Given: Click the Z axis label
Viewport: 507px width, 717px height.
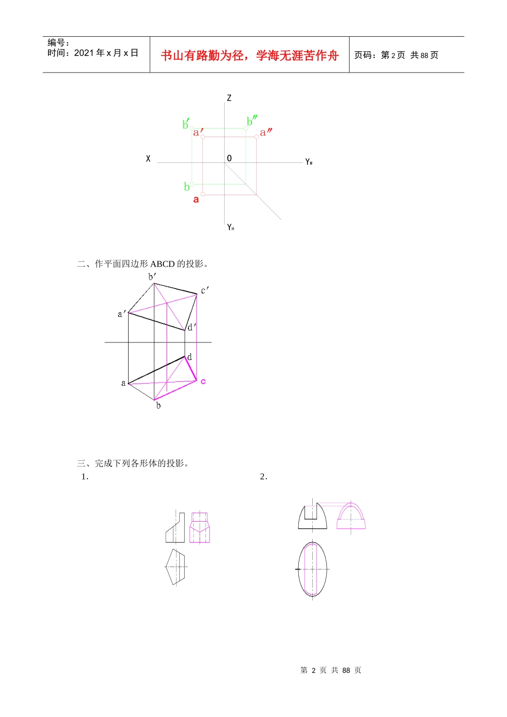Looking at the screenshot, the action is tap(229, 98).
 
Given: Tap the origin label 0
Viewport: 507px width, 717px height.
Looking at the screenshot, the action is tap(229, 158).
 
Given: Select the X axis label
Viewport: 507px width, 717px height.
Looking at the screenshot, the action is tap(148, 159).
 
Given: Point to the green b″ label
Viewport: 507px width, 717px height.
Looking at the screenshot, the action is tap(252, 121).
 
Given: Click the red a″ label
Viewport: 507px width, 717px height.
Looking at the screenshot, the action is tap(266, 132).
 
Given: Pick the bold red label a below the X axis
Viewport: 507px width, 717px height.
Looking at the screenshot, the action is tap(196, 200).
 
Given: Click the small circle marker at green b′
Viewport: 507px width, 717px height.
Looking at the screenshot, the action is tap(192, 129).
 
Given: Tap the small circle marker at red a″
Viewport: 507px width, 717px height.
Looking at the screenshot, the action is tap(257, 137).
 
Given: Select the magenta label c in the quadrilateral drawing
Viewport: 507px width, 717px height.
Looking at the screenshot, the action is tap(203, 381).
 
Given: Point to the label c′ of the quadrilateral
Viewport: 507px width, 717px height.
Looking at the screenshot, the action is tap(204, 290).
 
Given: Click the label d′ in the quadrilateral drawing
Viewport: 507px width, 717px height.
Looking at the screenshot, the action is tap(192, 327).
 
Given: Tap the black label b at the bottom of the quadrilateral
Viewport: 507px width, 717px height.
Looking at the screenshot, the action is tap(158, 405).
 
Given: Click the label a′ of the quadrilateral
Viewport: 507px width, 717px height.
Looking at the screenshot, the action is tap(121, 314).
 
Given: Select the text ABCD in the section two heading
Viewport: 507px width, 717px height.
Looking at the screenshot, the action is tap(162, 264).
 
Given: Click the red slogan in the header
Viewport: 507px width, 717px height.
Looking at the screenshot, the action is tap(250, 55).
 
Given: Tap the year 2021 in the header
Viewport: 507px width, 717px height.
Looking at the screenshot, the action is tap(84, 53).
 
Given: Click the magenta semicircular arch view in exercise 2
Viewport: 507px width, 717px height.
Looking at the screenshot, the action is tap(351, 515).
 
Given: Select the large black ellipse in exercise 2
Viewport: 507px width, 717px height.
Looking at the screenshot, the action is tap(298, 569).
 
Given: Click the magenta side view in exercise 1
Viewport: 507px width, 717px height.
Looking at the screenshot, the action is tap(200, 528).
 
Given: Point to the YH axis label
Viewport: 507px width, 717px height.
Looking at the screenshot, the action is tap(231, 227).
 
